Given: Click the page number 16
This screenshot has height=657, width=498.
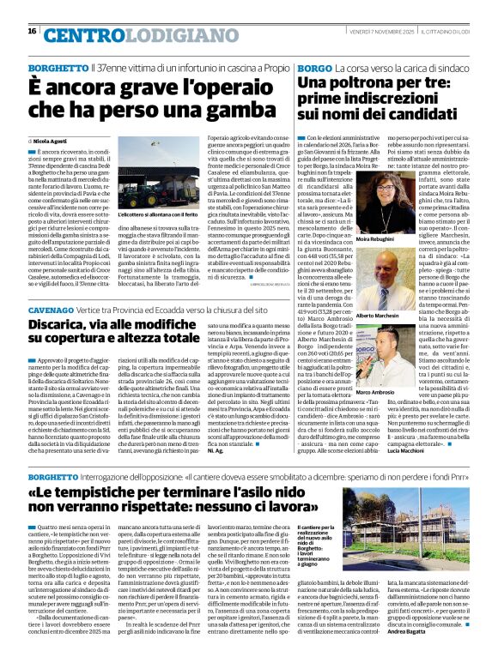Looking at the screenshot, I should point(32,32).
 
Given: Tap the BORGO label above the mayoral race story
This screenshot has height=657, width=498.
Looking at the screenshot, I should point(314,66).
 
